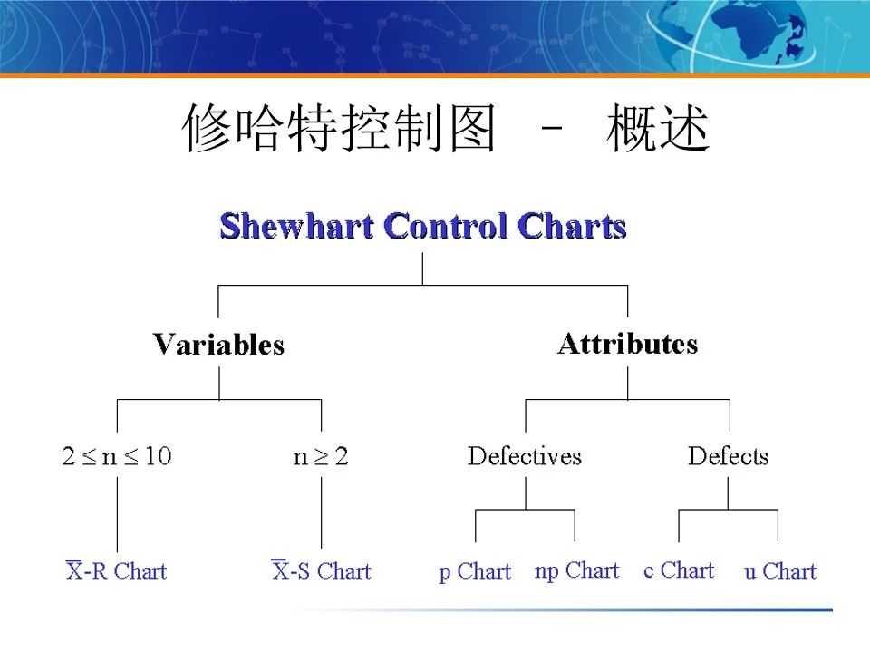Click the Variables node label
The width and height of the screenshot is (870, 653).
[218, 345]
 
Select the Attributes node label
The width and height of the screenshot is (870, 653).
[627, 344]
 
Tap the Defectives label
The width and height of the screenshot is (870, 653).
[525, 455]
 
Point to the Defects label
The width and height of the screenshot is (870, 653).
[728, 455]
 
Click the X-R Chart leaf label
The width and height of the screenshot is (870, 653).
[117, 570]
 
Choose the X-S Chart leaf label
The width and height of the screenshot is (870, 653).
[322, 570]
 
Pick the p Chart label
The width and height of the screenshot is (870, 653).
[475, 571]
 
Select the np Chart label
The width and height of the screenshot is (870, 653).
[576, 570]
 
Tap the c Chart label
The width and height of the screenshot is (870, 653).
[679, 570]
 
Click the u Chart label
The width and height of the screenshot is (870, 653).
[780, 571]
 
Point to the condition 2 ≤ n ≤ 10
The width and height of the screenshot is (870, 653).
[117, 455]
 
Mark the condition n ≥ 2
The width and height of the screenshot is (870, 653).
[321, 455]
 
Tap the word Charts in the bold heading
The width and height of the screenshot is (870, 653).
[572, 226]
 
